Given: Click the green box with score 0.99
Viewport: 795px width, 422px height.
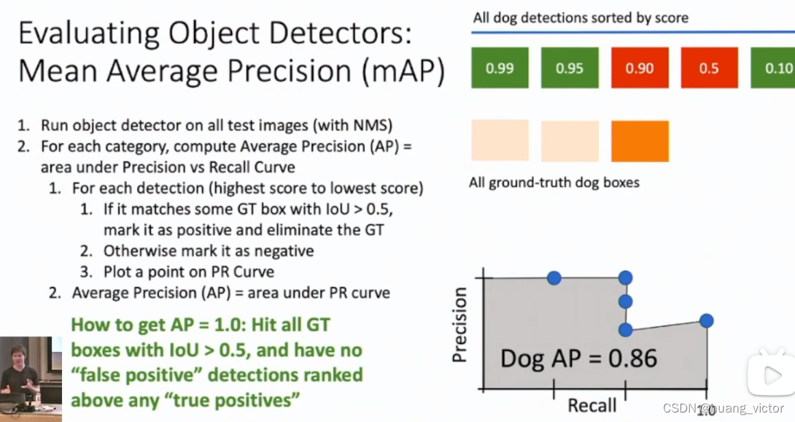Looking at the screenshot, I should point(500,68).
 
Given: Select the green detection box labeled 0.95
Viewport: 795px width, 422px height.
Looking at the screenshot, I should point(570,68).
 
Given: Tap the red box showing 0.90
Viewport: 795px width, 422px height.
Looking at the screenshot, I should point(640,68).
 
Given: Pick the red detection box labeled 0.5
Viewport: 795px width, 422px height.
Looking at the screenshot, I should point(709,68).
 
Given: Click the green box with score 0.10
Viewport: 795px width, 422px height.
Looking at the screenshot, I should point(773,68).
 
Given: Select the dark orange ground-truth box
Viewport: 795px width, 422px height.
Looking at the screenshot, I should point(640,141).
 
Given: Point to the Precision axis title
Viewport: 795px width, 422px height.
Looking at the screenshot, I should point(459,325).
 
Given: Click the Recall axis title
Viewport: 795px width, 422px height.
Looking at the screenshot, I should point(592,405).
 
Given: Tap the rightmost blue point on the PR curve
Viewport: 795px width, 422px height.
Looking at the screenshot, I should point(705,320).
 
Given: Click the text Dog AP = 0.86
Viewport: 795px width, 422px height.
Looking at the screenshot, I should point(578,358).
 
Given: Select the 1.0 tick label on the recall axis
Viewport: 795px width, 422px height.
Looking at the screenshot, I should point(705,413).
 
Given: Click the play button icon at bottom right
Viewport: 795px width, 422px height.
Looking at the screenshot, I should point(770,375).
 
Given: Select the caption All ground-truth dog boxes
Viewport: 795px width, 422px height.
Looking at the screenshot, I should point(554,182).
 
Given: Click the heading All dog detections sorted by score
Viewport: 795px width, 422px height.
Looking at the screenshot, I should point(580,18).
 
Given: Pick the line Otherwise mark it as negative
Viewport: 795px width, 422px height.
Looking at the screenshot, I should point(208,250).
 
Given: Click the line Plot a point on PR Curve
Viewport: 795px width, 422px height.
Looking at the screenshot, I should point(188,272).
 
